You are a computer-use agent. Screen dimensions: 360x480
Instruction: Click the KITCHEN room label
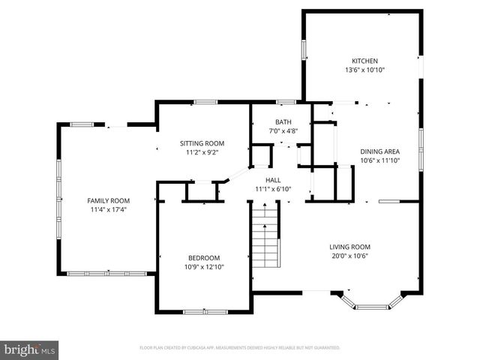(365, 61)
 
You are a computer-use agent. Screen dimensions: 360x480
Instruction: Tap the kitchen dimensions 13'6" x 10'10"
(365, 70)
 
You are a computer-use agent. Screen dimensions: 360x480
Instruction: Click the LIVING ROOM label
(349, 247)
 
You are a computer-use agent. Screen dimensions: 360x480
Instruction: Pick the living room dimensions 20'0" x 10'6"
(349, 256)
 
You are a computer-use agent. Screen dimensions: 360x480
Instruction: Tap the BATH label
(283, 122)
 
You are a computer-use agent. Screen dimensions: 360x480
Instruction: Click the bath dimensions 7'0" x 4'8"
(283, 131)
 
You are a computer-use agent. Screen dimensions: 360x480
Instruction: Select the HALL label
(273, 180)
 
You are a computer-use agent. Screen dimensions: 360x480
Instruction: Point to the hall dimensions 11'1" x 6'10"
(273, 189)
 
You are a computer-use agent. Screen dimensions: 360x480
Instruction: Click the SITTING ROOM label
(202, 143)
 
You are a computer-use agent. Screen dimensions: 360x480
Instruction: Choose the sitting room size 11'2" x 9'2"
(202, 152)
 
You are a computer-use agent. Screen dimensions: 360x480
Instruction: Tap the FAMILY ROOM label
(109, 200)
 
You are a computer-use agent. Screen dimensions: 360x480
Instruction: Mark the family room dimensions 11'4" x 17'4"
(109, 209)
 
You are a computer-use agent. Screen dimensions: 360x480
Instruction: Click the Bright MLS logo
(30, 349)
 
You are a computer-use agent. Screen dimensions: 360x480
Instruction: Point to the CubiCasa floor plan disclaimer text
(239, 348)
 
